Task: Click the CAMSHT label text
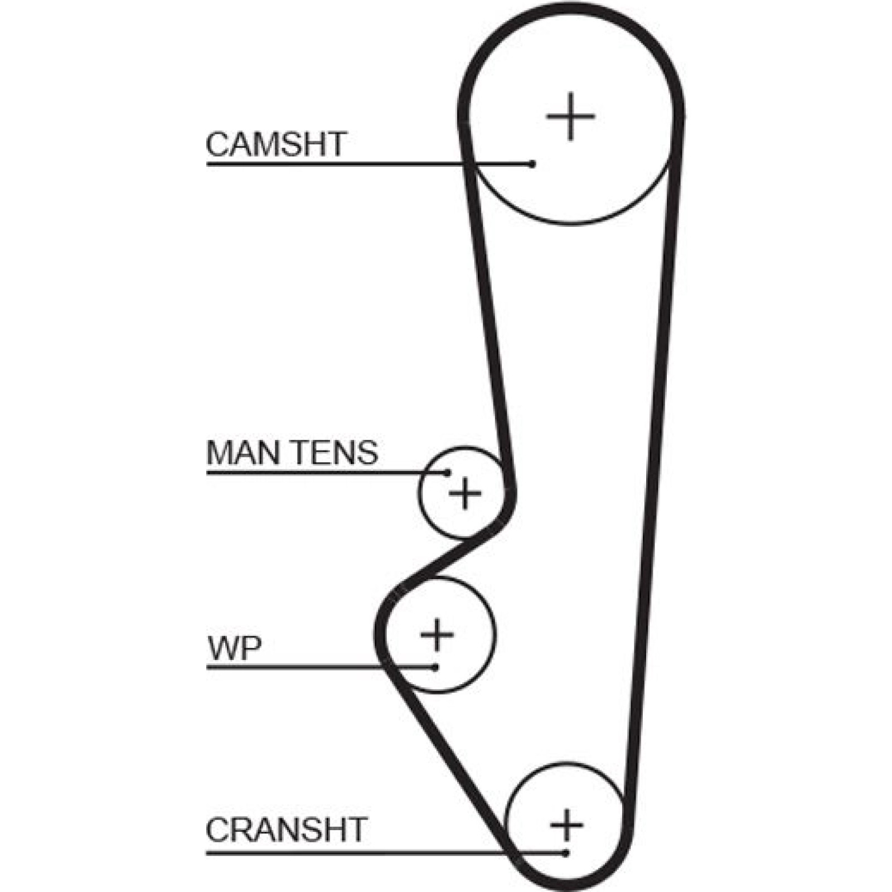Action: click(x=277, y=144)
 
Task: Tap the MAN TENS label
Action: click(x=292, y=453)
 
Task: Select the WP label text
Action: click(x=234, y=648)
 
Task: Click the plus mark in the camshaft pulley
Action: click(x=570, y=117)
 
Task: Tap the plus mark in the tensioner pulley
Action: click(x=465, y=493)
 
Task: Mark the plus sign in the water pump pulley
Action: click(x=437, y=634)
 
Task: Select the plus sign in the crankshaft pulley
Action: click(x=566, y=825)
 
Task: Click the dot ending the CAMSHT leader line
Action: click(x=532, y=164)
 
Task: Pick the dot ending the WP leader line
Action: click(x=435, y=667)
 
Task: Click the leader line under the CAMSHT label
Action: click(x=369, y=164)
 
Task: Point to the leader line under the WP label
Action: click(x=321, y=667)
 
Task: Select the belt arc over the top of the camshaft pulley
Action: click(x=570, y=10)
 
